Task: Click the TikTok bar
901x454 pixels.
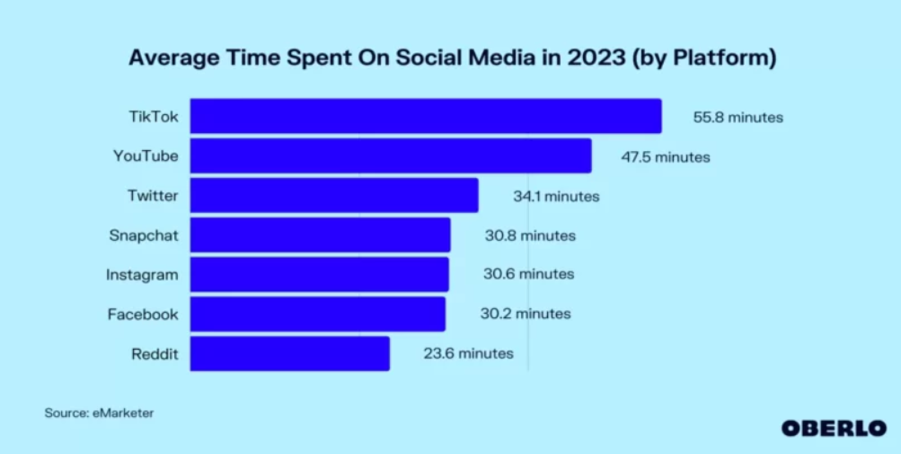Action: [425, 117]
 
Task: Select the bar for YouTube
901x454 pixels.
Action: [391, 156]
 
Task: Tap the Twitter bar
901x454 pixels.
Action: [334, 195]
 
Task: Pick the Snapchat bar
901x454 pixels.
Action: [320, 235]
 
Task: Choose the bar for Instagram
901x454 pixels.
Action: [319, 274]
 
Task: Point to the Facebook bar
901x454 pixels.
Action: [317, 314]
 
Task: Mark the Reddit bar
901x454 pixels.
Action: [289, 353]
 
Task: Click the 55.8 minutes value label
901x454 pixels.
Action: [738, 117]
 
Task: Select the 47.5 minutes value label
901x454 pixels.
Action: [665, 157]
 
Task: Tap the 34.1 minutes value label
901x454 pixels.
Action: [555, 196]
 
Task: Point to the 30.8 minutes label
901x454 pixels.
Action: [529, 236]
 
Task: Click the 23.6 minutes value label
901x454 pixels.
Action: [468, 353]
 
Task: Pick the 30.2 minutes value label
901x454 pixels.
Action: [526, 314]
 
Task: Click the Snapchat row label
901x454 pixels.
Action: [144, 236]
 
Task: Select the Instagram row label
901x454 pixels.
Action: [142, 274]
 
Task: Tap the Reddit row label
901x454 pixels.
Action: [155, 353]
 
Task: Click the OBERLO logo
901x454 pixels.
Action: [834, 428]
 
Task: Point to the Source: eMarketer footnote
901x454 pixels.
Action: [99, 413]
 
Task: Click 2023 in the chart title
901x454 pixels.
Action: [590, 58]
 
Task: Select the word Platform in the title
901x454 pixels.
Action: [723, 58]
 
